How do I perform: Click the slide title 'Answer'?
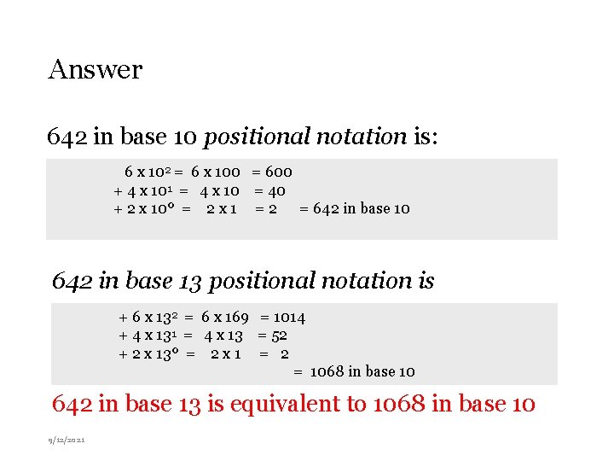(x=96, y=69)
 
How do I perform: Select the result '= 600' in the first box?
(x=272, y=172)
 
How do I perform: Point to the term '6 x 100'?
(x=216, y=172)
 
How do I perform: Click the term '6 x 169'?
(x=225, y=318)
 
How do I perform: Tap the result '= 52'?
(x=273, y=336)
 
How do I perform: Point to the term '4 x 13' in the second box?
(x=223, y=336)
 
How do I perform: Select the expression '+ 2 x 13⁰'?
(x=152, y=353)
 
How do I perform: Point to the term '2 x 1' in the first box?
(x=222, y=208)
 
